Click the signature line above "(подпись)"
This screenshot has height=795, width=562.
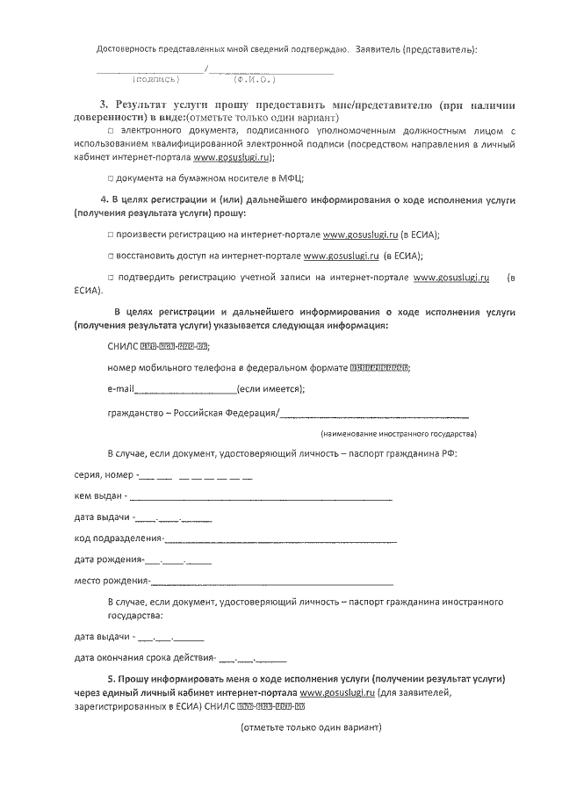[148, 69]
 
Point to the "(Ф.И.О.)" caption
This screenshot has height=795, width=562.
[252, 79]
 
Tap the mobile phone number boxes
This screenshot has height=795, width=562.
[378, 368]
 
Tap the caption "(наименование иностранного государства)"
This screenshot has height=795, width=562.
[398, 434]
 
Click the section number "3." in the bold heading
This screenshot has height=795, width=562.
[104, 104]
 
